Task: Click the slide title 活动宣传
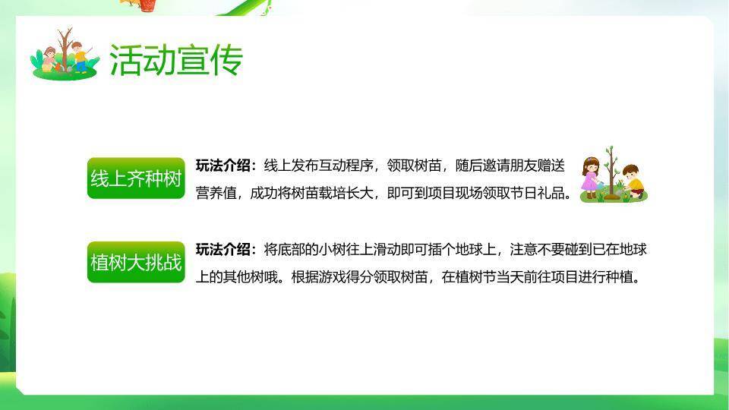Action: (x=175, y=60)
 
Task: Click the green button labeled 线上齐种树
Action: (x=136, y=179)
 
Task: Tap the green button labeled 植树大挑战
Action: (x=136, y=263)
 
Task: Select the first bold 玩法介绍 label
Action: (x=226, y=165)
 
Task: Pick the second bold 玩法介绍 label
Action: (x=226, y=249)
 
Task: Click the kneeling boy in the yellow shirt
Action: (x=633, y=182)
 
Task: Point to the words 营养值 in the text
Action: (x=215, y=193)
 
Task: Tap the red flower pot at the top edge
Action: (x=146, y=5)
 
